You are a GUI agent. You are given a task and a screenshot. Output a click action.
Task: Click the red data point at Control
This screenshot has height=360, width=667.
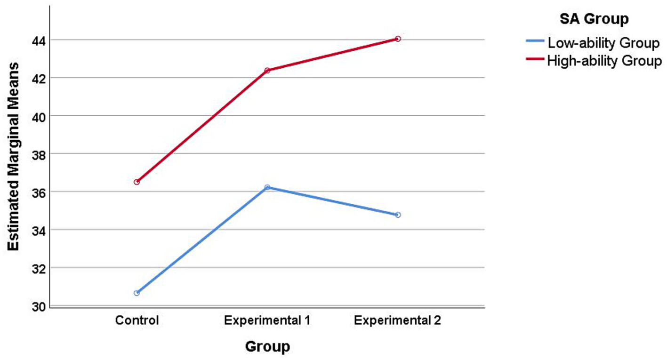[137, 182]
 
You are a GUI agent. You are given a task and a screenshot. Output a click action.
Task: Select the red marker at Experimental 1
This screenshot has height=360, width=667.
[267, 70]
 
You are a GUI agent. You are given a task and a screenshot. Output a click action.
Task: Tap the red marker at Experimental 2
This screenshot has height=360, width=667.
[398, 39]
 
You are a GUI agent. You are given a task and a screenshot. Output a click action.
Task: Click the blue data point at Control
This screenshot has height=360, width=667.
[137, 293]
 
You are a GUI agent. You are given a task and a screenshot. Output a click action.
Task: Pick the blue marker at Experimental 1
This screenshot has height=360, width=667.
[267, 187]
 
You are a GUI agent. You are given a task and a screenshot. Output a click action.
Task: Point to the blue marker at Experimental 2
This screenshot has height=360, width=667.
[398, 215]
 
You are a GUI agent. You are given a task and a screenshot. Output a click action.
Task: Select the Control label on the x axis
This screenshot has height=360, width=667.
[137, 321]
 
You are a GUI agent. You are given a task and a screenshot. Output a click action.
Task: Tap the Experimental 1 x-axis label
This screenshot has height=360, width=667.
[267, 321]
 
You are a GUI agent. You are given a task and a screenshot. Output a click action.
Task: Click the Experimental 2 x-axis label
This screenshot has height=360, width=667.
[398, 321]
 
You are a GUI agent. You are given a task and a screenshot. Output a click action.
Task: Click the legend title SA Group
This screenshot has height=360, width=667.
[594, 19]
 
